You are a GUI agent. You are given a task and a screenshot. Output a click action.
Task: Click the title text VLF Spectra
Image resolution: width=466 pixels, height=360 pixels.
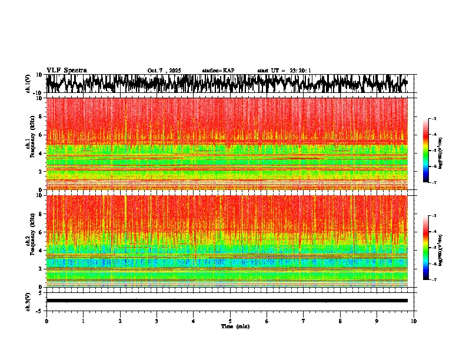(66, 70)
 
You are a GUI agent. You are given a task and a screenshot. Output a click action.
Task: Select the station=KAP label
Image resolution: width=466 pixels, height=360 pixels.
(218, 71)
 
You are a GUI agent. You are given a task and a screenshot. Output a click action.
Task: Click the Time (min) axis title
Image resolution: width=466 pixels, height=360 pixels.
(234, 326)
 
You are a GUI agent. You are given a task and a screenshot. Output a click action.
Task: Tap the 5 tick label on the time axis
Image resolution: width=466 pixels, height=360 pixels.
(230, 321)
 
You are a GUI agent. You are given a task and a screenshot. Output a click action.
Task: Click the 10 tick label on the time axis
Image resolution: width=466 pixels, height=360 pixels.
(414, 321)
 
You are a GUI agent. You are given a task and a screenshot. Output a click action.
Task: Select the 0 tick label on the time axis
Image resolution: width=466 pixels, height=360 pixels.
(46, 321)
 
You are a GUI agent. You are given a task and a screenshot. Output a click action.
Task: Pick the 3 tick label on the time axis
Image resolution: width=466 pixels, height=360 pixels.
(157, 321)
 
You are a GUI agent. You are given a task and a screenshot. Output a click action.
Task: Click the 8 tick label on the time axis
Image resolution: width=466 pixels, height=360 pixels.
(340, 321)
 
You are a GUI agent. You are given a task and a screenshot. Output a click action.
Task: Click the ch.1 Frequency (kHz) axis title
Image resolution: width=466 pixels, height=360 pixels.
(30, 144)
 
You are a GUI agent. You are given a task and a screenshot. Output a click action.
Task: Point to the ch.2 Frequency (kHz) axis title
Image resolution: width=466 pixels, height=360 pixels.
(30, 241)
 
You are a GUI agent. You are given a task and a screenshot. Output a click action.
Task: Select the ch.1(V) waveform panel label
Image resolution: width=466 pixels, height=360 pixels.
(28, 84)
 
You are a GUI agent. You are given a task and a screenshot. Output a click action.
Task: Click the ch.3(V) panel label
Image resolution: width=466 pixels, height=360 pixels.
(28, 301)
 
